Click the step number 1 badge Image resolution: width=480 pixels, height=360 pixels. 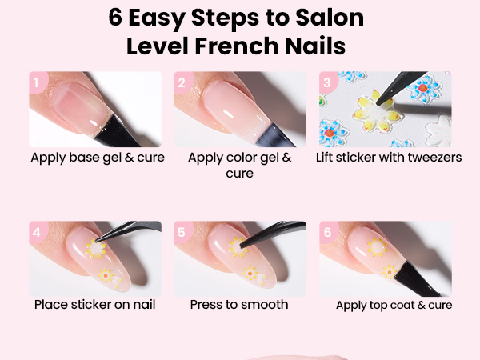pos(38,82)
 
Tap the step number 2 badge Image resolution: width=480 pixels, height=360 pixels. pos(182,82)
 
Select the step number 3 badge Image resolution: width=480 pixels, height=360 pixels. pos(327,82)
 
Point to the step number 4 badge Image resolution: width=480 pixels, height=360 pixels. pos(38,232)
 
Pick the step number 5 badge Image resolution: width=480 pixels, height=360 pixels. pos(182,232)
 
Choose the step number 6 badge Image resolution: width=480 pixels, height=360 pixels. pos(327,232)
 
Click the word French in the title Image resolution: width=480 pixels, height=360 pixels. pos(236,46)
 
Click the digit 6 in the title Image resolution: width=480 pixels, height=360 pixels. pos(115,18)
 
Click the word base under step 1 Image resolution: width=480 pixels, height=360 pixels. pos(84,158)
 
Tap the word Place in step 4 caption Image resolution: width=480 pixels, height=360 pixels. pos(50,305)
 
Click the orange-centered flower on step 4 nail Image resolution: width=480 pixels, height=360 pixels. pos(106,276)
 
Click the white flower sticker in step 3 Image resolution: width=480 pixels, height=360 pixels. pos(438,131)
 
